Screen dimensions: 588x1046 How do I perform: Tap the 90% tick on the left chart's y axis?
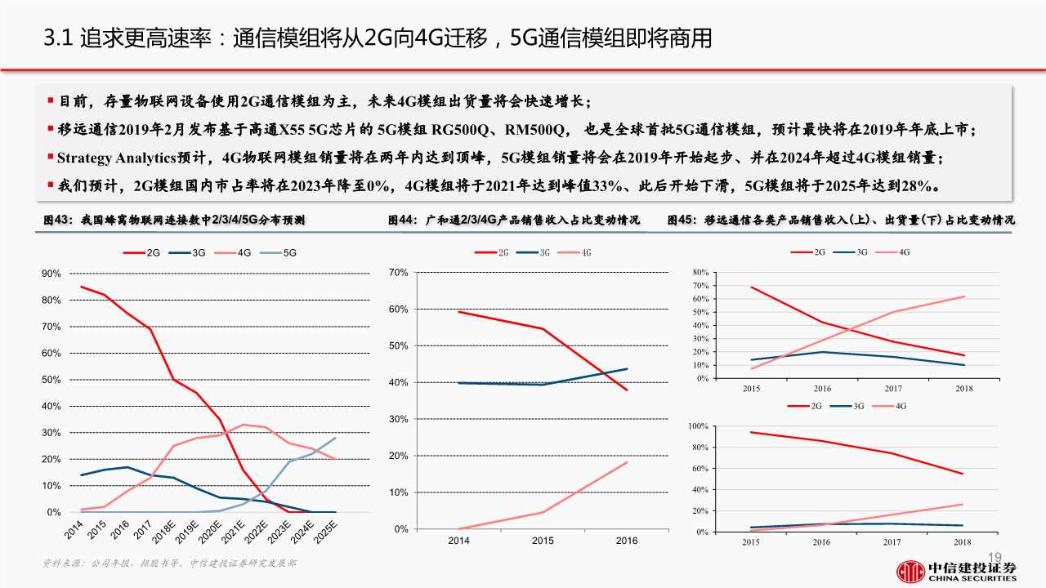pos(51,274)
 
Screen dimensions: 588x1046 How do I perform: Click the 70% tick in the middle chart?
pos(398,272)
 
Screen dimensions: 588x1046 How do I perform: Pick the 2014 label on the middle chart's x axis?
pos(458,541)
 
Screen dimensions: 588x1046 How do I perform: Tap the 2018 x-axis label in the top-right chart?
pos(964,388)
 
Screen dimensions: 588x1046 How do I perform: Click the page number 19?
pos(995,556)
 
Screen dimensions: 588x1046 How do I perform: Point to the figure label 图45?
pos(682,220)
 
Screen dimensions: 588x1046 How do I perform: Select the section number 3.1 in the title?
pos(58,38)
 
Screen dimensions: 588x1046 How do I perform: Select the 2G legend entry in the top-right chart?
pos(812,252)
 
